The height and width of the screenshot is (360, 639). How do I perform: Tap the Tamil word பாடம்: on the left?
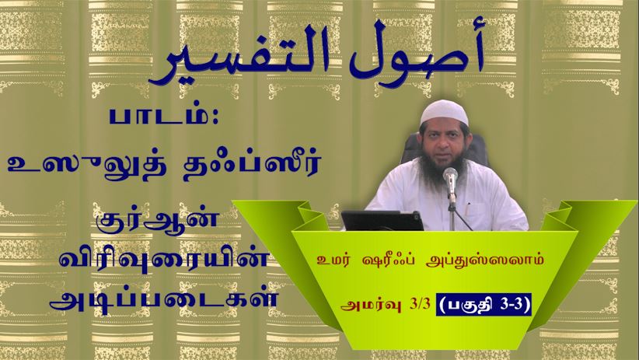click(x=164, y=116)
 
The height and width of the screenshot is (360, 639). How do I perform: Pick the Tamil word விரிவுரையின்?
click(x=165, y=259)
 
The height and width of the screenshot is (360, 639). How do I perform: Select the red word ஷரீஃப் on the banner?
click(x=386, y=260)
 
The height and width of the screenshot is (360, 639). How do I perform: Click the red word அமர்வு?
click(x=369, y=305)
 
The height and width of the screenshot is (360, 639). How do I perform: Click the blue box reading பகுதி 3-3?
click(x=484, y=305)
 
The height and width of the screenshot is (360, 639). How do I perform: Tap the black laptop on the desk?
click(x=382, y=221)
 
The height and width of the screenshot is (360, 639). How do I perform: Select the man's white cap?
click(x=444, y=112)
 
